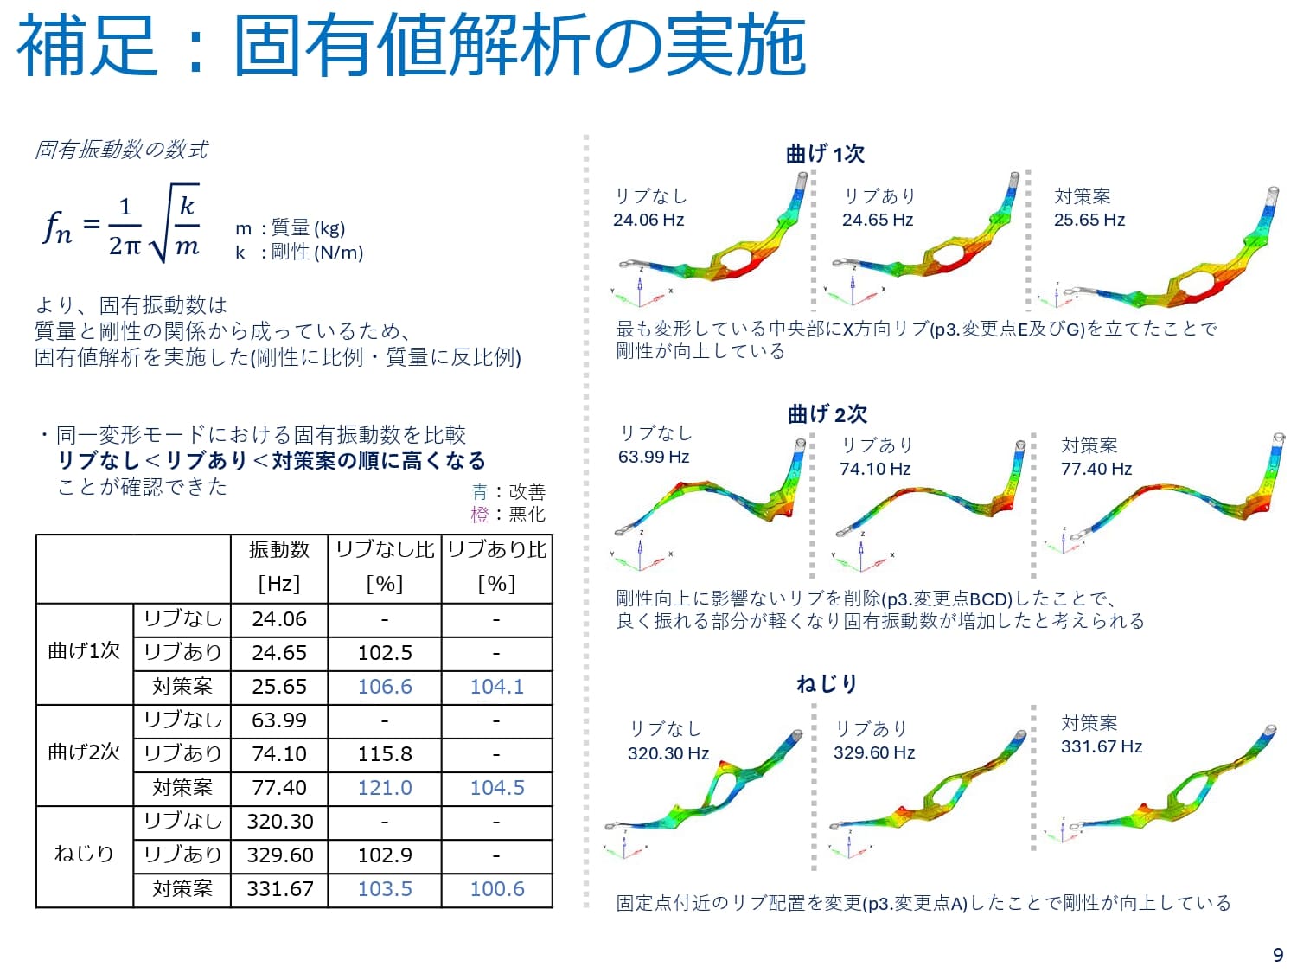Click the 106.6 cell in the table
tap(385, 687)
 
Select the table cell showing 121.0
tap(385, 788)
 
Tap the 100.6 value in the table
tap(497, 889)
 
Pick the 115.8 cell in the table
tap(385, 754)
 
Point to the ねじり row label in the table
tap(84, 855)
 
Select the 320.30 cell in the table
tap(279, 822)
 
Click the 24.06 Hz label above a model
tap(648, 220)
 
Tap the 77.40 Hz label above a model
tap(1096, 469)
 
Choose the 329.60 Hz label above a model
tap(874, 752)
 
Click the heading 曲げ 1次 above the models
tap(825, 154)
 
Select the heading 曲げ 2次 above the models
tap(827, 414)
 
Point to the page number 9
tap(1278, 955)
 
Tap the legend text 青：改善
tap(508, 492)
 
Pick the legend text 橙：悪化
tap(508, 515)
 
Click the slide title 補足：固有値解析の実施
tap(412, 45)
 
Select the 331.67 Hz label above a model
tap(1102, 746)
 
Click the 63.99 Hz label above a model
tap(654, 457)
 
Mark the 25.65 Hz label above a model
tap(1089, 220)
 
